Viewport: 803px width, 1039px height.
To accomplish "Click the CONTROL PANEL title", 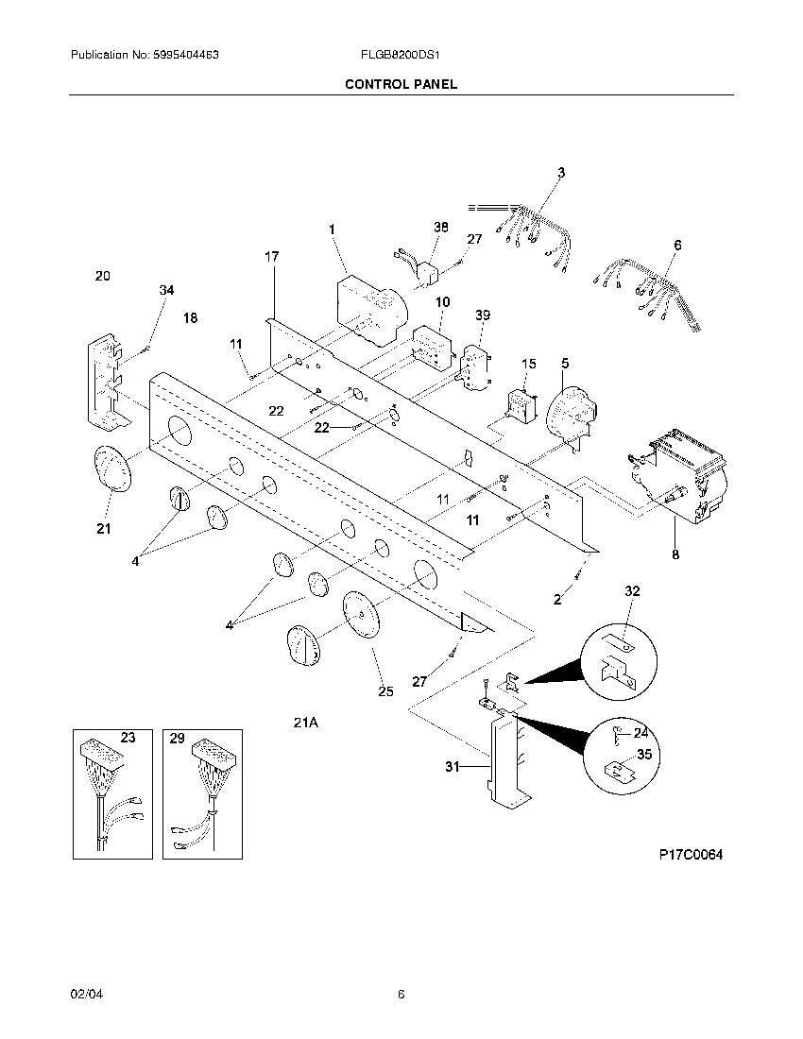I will coord(401,84).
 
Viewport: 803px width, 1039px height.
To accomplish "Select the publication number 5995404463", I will coord(145,56).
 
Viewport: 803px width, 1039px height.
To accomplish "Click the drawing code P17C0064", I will coord(691,855).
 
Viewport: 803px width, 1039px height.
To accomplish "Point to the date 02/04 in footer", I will coord(83,994).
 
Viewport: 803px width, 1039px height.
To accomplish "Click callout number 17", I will coord(272,257).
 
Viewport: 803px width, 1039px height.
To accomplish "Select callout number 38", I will coord(441,228).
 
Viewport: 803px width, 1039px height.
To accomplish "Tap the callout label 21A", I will coord(305,723).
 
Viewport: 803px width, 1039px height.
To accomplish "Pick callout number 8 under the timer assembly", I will coord(675,554).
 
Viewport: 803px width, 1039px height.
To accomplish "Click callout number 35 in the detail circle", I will coord(643,754).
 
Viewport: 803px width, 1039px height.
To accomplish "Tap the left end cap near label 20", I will coord(107,378).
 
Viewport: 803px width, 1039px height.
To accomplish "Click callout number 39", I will coord(483,315).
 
